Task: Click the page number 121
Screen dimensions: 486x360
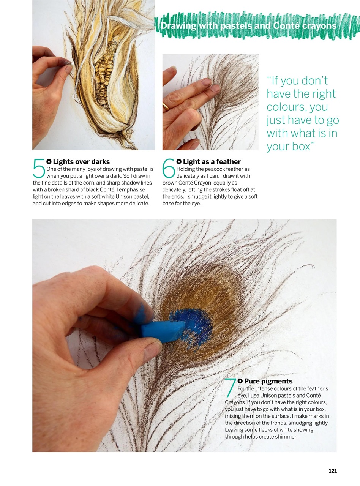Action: (x=333, y=471)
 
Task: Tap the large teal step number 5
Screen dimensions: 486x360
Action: (x=39, y=169)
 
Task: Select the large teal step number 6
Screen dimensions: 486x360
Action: (x=169, y=169)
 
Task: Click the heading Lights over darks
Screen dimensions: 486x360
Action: (x=81, y=162)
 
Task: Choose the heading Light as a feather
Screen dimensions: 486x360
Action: (x=212, y=162)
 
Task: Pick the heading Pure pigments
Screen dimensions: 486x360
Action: (x=268, y=381)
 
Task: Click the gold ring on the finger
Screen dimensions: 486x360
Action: (x=166, y=107)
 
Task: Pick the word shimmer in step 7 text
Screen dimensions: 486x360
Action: (x=285, y=437)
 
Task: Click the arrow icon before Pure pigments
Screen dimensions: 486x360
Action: (x=240, y=381)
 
